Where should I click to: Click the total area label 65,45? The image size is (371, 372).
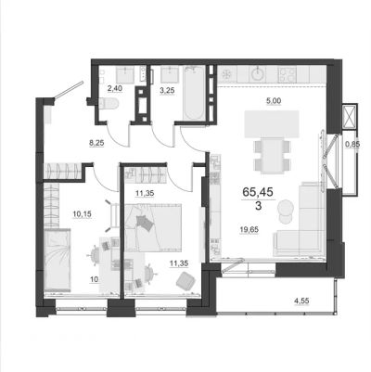[x=258, y=192]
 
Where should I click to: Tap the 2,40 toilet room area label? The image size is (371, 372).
[x=115, y=88]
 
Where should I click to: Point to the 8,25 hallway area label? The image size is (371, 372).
[x=96, y=143]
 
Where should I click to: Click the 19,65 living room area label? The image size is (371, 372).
[x=249, y=229]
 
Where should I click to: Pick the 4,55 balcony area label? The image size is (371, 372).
[x=301, y=300]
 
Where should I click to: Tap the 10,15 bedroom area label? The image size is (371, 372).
[x=82, y=214]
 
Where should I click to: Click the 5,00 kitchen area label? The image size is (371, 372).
[x=274, y=100]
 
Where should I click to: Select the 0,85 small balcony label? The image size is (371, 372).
[x=352, y=144]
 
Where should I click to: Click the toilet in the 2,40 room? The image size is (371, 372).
[x=109, y=103]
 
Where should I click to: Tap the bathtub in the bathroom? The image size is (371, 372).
[x=194, y=93]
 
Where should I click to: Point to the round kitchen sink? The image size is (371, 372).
[x=258, y=74]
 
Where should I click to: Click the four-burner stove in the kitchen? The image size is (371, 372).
[x=288, y=75]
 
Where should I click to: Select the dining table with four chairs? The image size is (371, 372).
[x=273, y=155]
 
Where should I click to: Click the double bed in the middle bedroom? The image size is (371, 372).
[x=153, y=226]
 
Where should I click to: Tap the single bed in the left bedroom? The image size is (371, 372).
[x=58, y=260]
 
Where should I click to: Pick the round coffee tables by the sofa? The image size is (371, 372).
[x=287, y=212]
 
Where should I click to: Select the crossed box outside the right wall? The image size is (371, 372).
[x=350, y=115]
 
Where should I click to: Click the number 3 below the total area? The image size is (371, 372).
[x=258, y=206]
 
